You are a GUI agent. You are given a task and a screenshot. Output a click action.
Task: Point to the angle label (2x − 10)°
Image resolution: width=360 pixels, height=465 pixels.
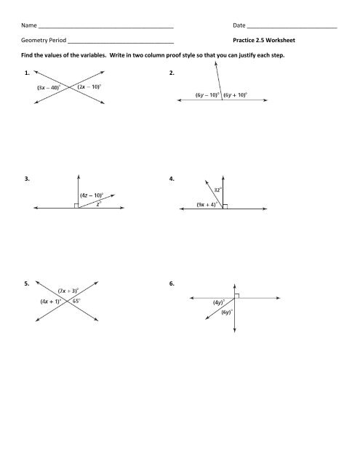click(x=91, y=87)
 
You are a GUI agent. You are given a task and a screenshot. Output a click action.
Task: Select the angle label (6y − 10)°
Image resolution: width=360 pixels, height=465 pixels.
click(x=207, y=94)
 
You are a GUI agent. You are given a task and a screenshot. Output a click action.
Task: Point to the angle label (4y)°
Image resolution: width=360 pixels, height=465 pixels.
click(x=217, y=302)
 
